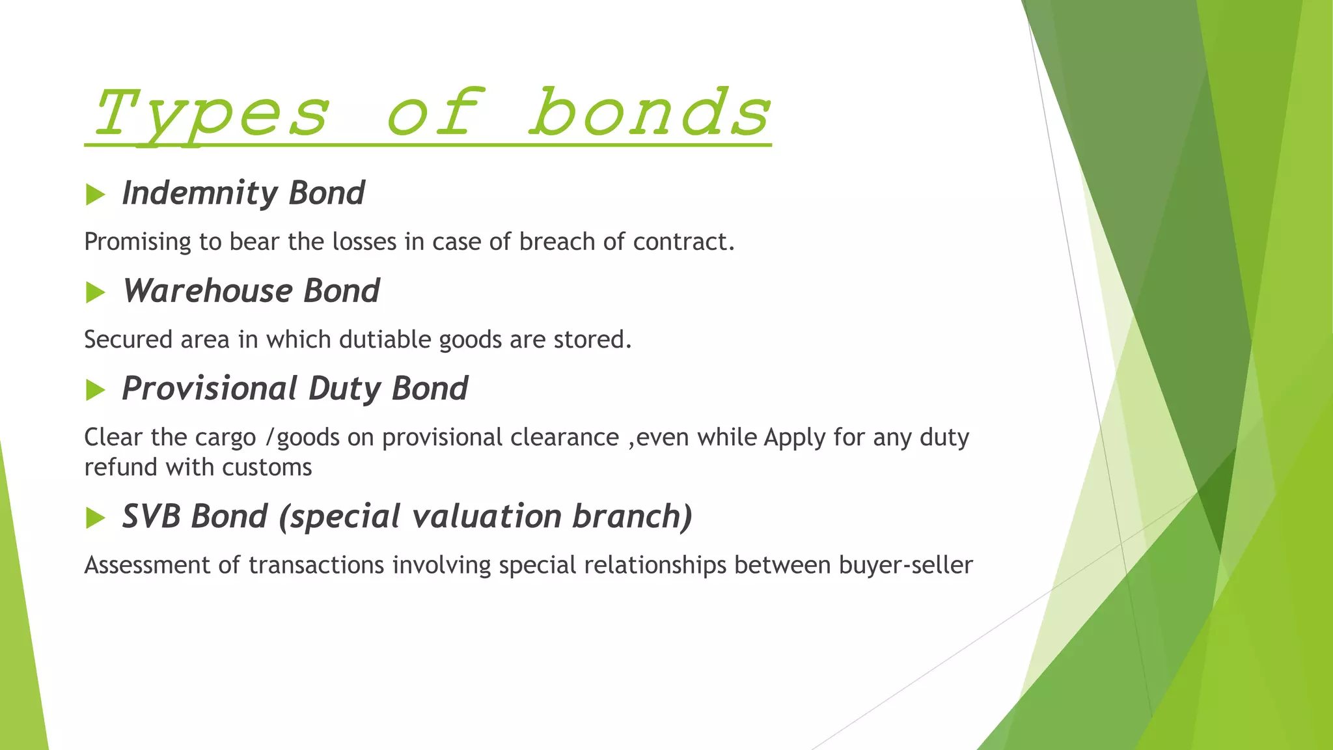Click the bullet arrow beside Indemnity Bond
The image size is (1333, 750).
pos(95,195)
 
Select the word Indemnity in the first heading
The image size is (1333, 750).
pos(200,193)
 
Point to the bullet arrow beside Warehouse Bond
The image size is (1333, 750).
pos(95,292)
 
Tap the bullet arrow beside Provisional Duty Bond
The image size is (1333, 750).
pos(95,390)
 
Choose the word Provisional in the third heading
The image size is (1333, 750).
pos(210,389)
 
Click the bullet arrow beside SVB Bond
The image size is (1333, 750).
pos(95,518)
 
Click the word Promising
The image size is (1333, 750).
pos(138,242)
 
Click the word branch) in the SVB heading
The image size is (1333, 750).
pos(632,517)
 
